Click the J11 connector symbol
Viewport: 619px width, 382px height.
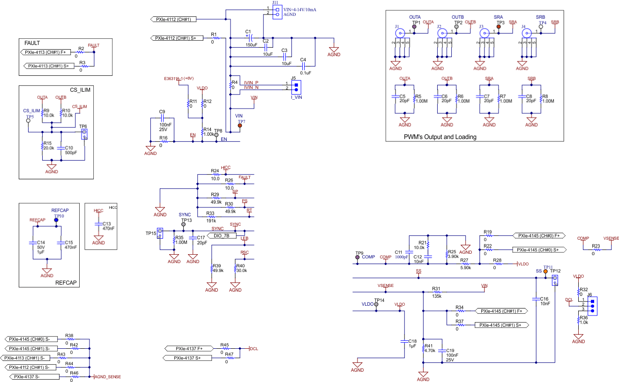pyautogui.click(x=277, y=12)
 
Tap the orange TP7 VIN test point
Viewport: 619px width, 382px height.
pyautogui.click(x=240, y=125)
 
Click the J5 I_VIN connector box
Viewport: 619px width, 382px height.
pyautogui.click(x=296, y=87)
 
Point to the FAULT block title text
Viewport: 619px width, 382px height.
pyautogui.click(x=32, y=43)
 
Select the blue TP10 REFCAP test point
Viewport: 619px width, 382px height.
pyautogui.click(x=56, y=220)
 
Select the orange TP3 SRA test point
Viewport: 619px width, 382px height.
pyautogui.click(x=499, y=27)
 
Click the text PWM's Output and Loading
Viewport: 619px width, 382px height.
pyautogui.click(x=440, y=137)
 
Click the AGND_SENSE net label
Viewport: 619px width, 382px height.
pyautogui.click(x=108, y=376)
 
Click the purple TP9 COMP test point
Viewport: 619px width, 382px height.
pyautogui.click(x=357, y=257)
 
